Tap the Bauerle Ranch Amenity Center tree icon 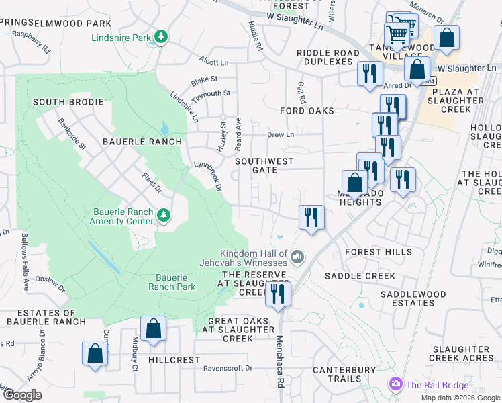(163, 215)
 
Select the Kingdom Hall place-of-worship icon (297, 256)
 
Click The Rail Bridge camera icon (395, 384)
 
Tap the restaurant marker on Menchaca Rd (277, 294)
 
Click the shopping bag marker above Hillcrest (153, 328)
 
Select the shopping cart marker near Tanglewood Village (397, 34)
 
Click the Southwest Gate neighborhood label (264, 165)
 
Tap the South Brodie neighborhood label (68, 102)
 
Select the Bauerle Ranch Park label (175, 282)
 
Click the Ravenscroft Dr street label (228, 368)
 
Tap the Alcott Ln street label (213, 62)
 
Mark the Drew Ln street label (281, 134)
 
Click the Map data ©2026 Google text (460, 398)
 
